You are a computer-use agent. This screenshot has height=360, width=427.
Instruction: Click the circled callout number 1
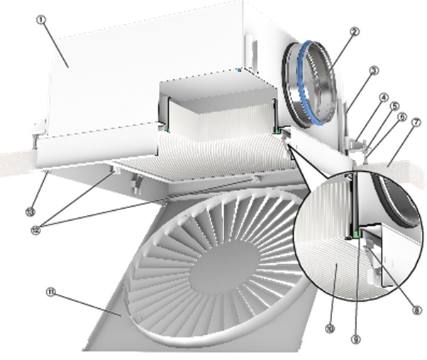coord(40,20)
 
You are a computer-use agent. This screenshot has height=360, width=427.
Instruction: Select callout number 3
coord(375,71)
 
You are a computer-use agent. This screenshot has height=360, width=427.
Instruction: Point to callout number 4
coord(384,97)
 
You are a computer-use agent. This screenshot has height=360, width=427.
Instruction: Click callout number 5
coord(394,107)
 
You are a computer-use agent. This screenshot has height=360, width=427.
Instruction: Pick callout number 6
coord(402,117)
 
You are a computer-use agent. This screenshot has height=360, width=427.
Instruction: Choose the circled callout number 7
coord(416,122)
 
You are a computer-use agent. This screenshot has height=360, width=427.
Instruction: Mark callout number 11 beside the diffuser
coord(49,292)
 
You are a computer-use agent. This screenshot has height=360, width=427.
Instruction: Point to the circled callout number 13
coord(29,212)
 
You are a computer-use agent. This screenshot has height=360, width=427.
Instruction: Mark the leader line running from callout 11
coord(89,304)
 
